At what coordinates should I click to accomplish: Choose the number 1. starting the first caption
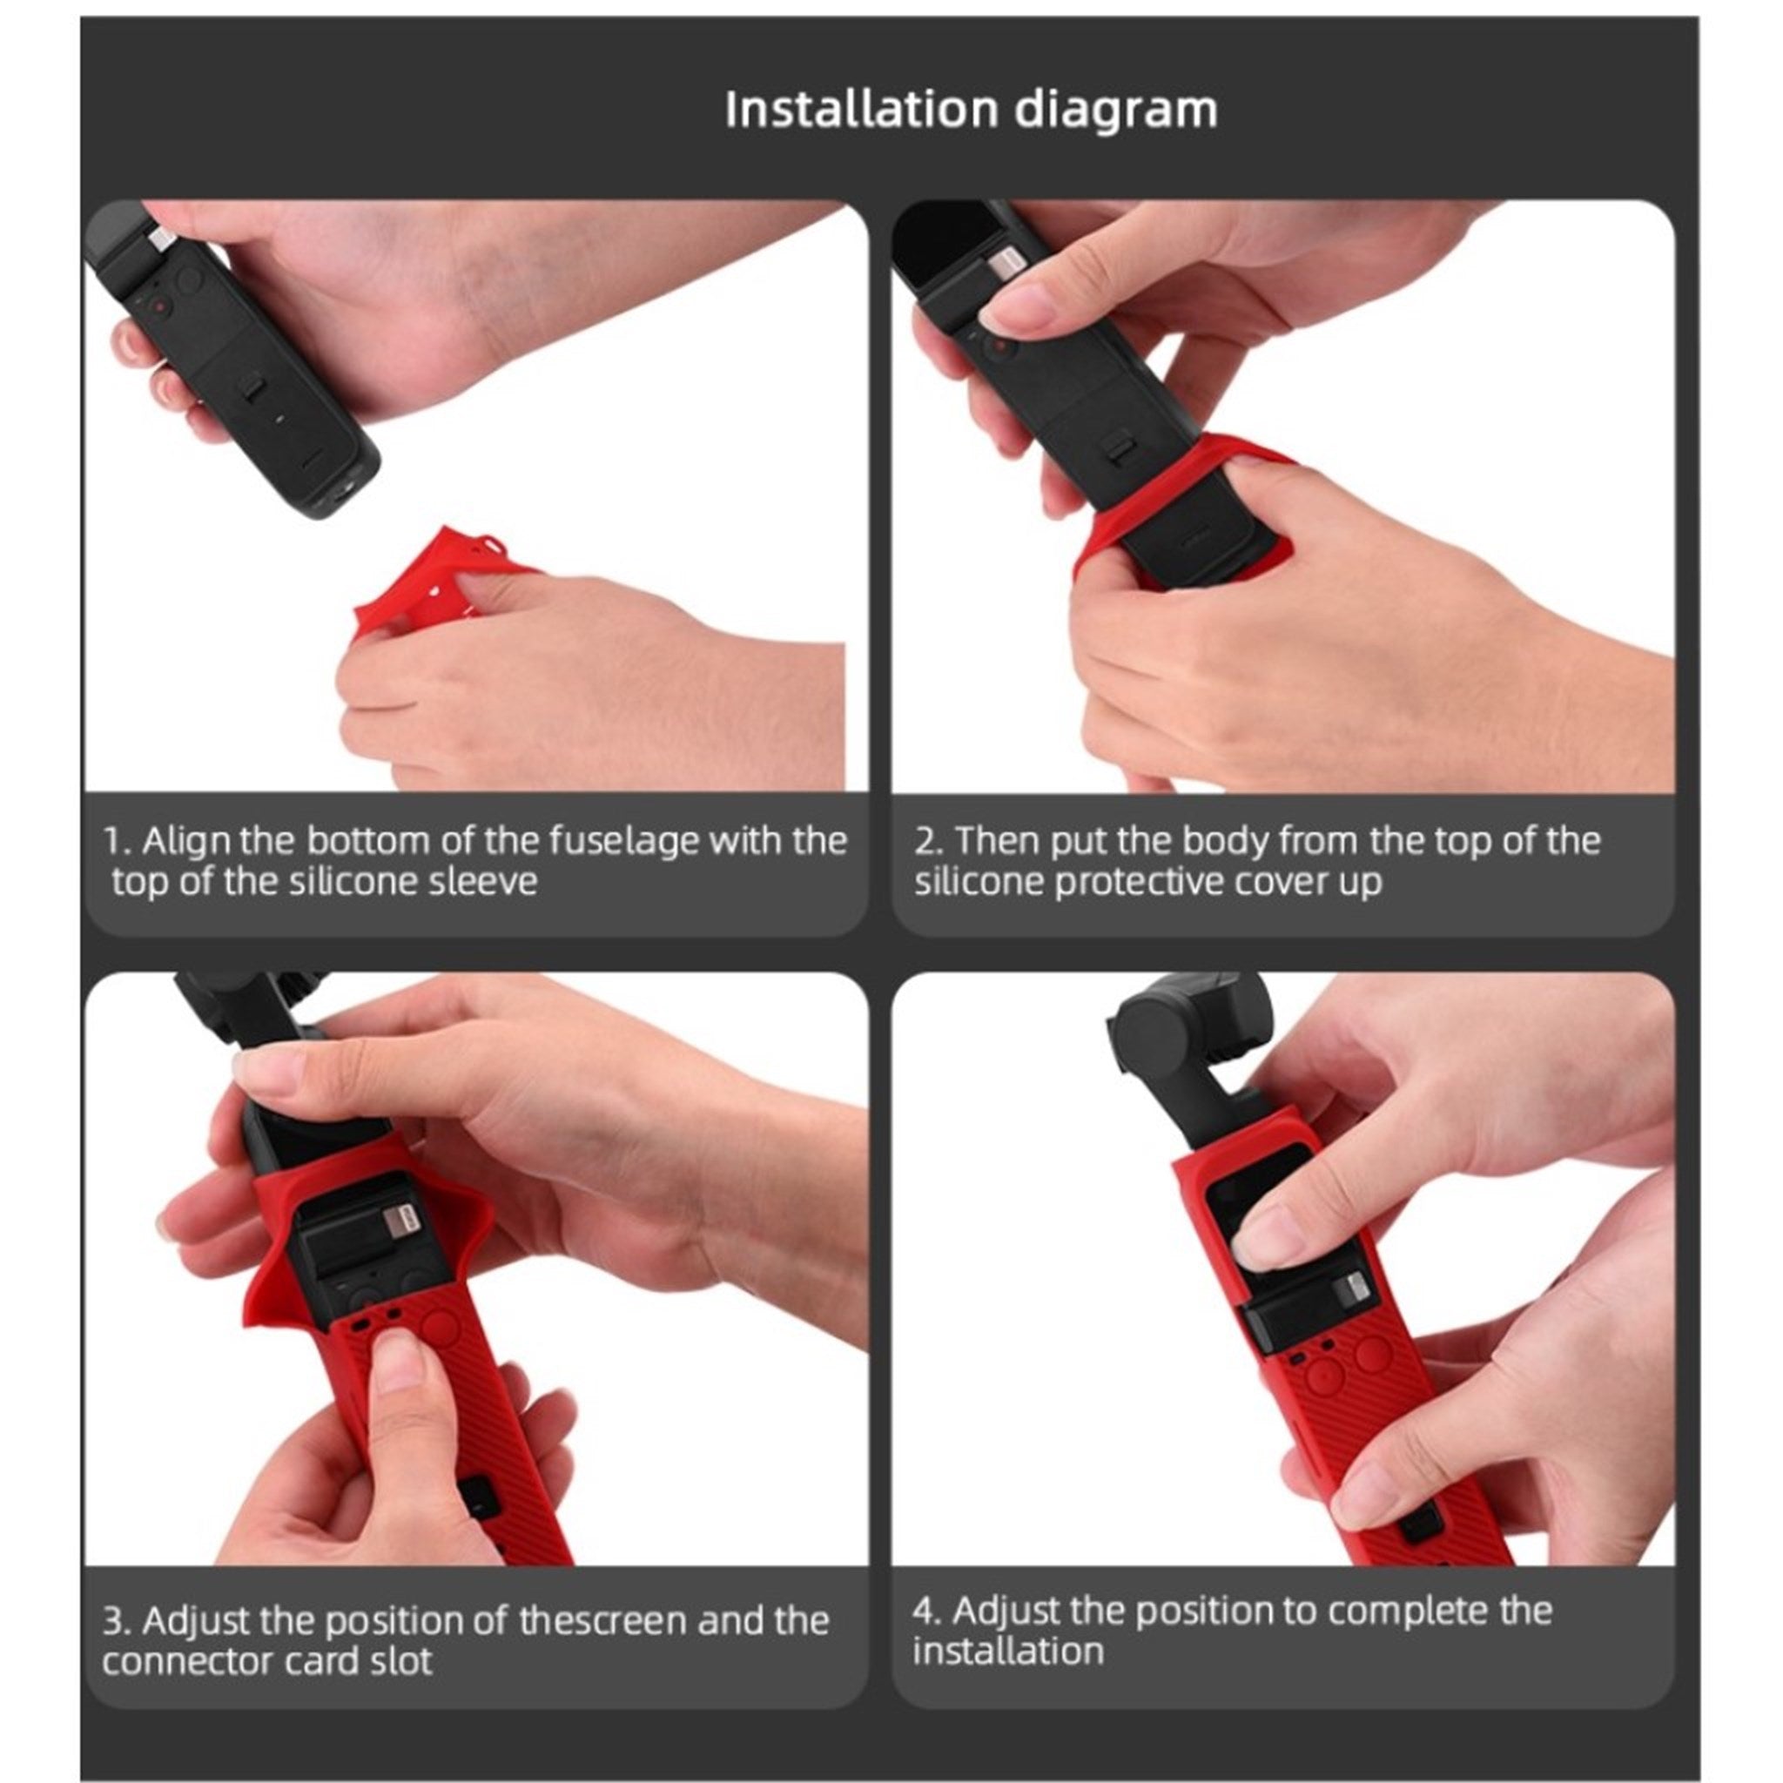pos(117,842)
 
